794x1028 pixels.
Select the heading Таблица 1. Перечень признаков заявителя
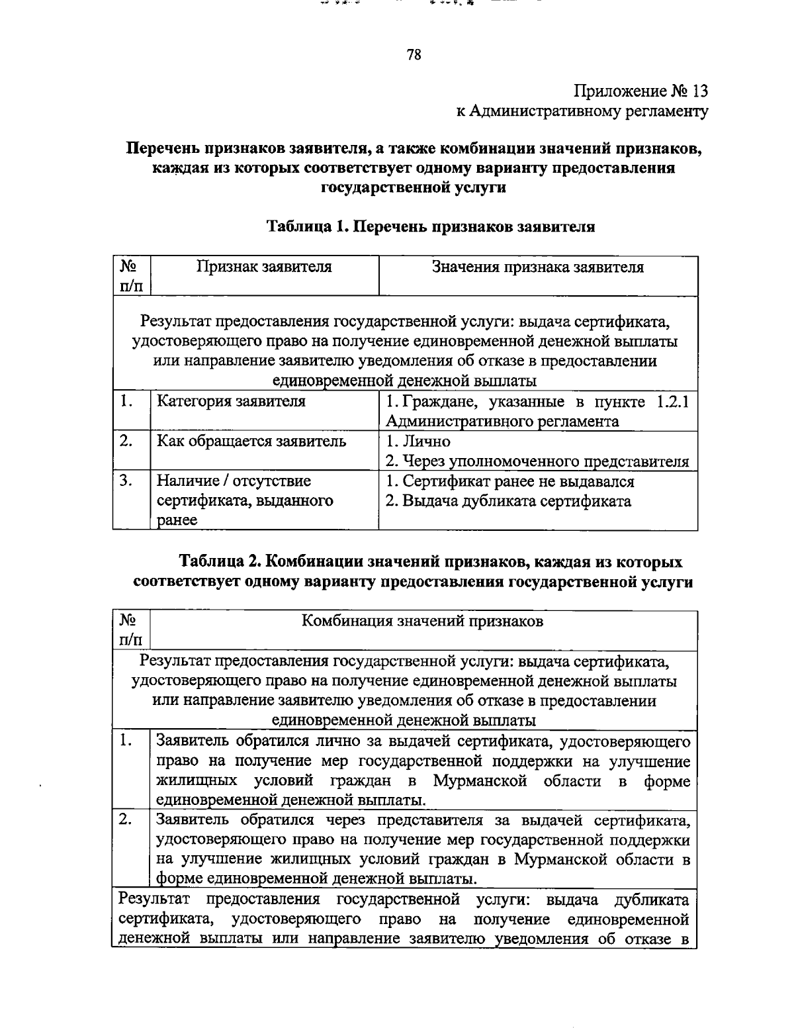431,227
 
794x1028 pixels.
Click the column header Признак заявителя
265,267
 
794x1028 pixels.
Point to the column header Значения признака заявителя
537,267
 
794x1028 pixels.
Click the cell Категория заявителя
231,401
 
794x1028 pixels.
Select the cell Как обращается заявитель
251,442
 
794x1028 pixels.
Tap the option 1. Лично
418,442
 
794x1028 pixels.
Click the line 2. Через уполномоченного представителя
537,461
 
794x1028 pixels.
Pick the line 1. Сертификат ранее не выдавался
509,481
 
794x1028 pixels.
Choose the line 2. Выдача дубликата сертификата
508,501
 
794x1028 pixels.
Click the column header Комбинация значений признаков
423,621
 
